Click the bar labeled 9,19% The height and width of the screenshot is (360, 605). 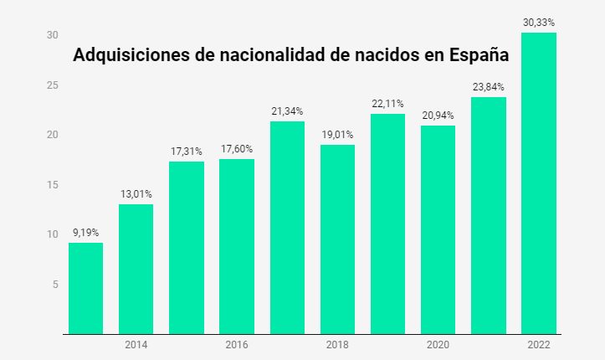pos(85,288)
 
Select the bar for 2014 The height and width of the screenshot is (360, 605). pos(136,269)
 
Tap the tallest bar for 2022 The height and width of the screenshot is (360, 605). pos(538,183)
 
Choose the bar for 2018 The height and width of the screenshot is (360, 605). pos(337,239)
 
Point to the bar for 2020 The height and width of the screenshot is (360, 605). pos(438,229)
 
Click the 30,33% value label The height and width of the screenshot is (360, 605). pos(539,23)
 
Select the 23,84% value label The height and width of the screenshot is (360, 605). pos(488,87)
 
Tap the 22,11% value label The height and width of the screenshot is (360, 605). pos(387,104)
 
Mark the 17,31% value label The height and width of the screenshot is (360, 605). pos(186,152)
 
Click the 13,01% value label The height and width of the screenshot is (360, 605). pos(136,194)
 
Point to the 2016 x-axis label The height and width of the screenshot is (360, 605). pos(237,344)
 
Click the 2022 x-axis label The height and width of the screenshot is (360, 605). pos(538,344)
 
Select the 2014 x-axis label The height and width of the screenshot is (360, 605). pos(136,344)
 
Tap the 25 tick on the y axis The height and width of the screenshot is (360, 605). pos(28,85)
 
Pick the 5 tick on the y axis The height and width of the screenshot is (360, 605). pos(31,285)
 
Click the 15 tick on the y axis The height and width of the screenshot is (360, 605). pos(28,185)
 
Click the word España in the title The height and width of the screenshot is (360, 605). pos(479,56)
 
